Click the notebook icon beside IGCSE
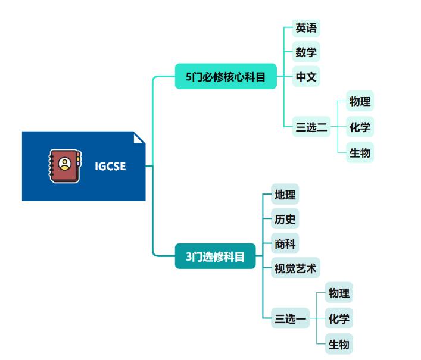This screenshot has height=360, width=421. click(x=64, y=166)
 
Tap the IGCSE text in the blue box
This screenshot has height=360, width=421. click(x=110, y=167)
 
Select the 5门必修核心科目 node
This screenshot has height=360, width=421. click(x=226, y=76)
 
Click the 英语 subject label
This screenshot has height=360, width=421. click(x=306, y=28)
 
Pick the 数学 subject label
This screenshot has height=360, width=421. click(x=306, y=52)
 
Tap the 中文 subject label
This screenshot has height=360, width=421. click(x=306, y=77)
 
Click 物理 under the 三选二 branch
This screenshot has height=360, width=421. click(x=360, y=102)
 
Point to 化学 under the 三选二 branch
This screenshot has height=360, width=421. click(x=360, y=127)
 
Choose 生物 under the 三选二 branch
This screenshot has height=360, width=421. click(x=360, y=153)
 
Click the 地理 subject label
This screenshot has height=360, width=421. click(x=285, y=195)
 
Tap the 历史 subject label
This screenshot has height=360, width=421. click(x=285, y=219)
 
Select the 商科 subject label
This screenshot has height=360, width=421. click(x=285, y=243)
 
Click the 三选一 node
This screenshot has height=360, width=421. click(x=290, y=319)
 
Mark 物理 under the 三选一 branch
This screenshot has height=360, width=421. click(x=339, y=293)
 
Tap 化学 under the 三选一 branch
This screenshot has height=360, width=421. click(x=339, y=319)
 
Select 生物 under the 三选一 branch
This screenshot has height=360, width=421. click(x=339, y=344)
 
